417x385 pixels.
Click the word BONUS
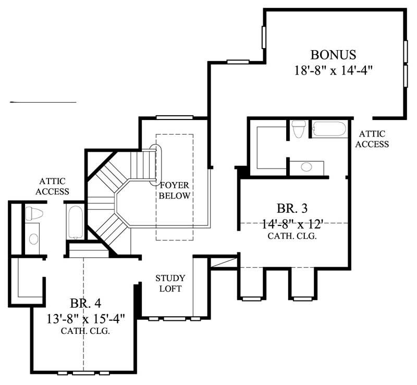point(334,54)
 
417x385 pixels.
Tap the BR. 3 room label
point(292,209)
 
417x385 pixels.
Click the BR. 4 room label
point(85,304)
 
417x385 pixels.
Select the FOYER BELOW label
point(175,190)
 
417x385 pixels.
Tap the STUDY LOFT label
point(170,283)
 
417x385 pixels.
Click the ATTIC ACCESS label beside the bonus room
point(372,139)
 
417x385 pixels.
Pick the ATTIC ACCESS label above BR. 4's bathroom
point(54,186)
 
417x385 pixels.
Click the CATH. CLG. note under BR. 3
point(292,236)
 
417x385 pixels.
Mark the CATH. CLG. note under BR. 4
point(85,331)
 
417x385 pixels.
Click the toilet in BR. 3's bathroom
point(299,129)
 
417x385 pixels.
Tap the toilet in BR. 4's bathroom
point(33,213)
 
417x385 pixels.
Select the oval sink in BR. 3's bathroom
point(306,167)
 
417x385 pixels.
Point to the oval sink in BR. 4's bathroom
point(33,239)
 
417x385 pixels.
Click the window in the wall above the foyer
point(175,117)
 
